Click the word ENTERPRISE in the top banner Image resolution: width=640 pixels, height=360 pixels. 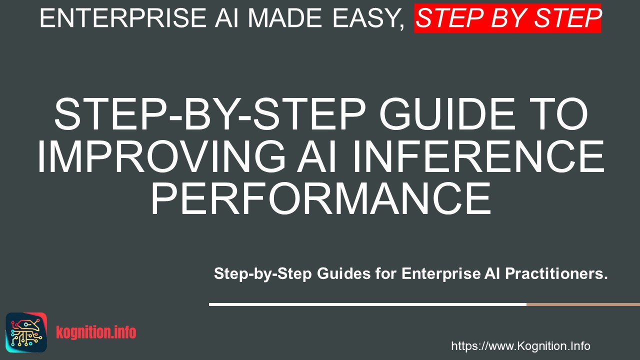coord(123,18)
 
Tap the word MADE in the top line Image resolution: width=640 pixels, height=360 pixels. coord(285,18)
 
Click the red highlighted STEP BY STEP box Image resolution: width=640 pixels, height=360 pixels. coord(507,18)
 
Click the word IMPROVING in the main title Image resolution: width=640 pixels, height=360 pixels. coord(161,156)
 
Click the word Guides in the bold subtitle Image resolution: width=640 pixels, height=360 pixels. coord(344,273)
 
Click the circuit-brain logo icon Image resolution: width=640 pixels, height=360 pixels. coord(26,332)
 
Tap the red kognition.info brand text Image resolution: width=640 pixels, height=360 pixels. coord(96,332)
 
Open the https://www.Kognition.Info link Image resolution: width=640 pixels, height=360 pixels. coord(520,346)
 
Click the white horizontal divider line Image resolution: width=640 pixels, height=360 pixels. coord(367,304)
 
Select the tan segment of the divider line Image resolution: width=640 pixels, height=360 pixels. coord(583,304)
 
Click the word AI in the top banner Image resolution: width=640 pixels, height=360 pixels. coord(226,18)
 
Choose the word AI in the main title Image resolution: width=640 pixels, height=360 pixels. coord(316,156)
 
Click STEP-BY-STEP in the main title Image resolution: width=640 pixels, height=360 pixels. coord(210,114)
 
